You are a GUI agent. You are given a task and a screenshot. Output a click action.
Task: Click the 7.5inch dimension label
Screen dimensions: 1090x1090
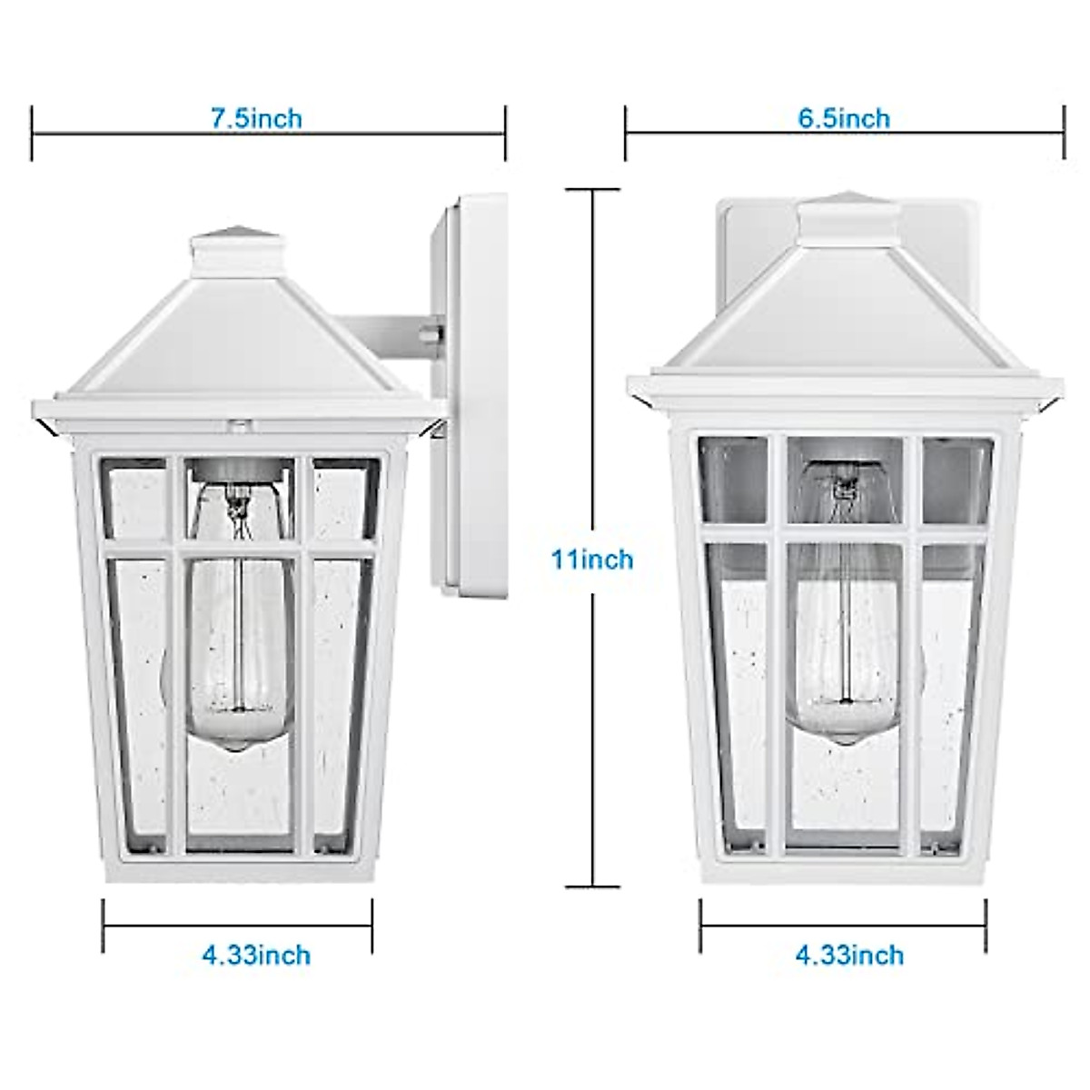tap(256, 118)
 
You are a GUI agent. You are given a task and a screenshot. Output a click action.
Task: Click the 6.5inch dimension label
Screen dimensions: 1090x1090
tap(844, 118)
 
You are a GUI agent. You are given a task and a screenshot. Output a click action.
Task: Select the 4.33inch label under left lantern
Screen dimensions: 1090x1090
tap(256, 956)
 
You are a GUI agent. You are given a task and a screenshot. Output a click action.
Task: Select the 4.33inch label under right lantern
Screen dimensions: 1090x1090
tap(849, 956)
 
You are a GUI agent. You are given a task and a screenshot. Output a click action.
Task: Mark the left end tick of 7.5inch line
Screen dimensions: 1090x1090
tap(33, 134)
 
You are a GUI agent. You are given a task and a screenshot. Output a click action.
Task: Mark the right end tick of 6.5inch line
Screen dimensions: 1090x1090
tap(1063, 134)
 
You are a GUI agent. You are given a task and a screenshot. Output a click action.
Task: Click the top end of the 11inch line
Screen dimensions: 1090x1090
tap(593, 190)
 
